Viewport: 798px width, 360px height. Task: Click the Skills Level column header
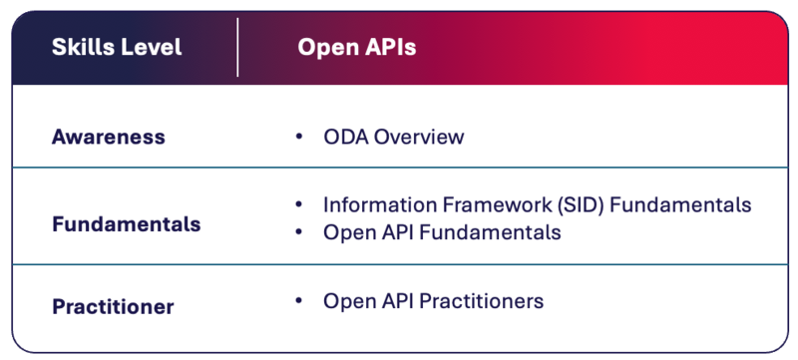coord(117,48)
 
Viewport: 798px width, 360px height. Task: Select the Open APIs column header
coord(356,48)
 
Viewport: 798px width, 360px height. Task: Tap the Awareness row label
coord(108,137)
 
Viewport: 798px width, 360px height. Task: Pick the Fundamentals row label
coord(126,223)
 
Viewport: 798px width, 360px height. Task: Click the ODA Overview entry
coord(393,137)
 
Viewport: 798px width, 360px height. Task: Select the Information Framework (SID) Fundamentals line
coord(537,204)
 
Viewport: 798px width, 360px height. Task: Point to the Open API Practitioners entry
coord(433,300)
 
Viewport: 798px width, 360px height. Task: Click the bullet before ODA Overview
coord(299,137)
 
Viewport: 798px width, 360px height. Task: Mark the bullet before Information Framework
coord(299,204)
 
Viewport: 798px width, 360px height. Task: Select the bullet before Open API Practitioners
coord(299,300)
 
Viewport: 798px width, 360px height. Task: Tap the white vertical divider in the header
coord(237,47)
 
